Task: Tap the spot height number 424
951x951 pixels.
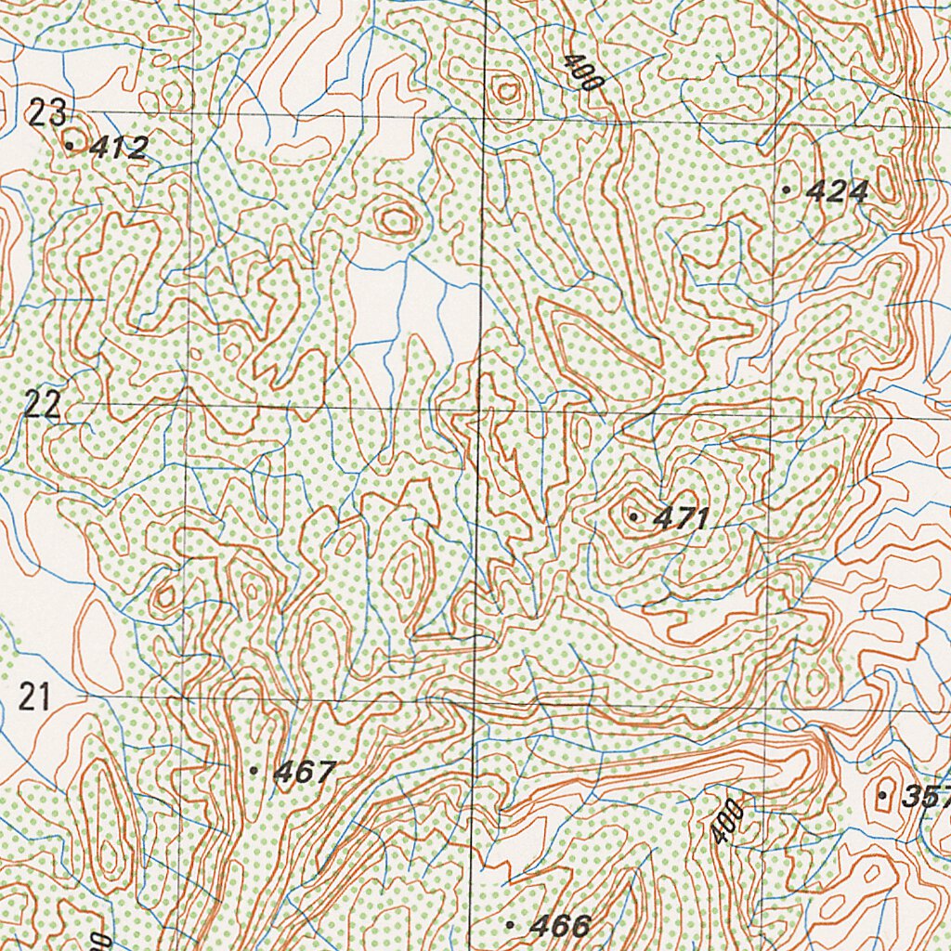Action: pos(837,192)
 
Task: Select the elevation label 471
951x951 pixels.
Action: pos(681,519)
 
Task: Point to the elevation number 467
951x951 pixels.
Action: pos(304,772)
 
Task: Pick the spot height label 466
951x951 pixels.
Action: pos(560,925)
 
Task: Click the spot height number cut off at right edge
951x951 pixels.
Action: pos(925,796)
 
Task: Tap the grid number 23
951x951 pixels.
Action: pos(46,114)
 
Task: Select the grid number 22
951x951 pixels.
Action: pos(43,405)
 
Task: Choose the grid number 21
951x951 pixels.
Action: pos(34,696)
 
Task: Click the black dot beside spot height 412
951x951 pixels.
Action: pos(70,145)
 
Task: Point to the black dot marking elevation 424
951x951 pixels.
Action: pos(787,189)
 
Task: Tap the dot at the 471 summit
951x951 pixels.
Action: pos(633,515)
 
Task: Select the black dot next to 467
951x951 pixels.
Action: pos(253,770)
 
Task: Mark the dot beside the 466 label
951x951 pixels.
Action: pos(510,924)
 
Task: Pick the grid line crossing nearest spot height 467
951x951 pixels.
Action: pos(185,696)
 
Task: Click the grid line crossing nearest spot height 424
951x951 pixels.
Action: pos(776,123)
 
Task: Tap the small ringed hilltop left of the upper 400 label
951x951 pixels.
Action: pos(506,89)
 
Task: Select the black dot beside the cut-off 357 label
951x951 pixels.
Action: pos(881,795)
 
